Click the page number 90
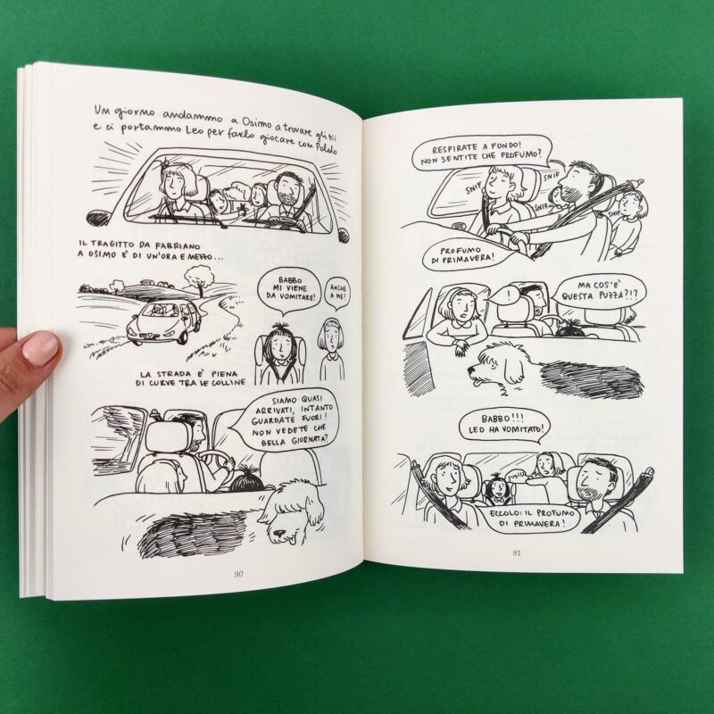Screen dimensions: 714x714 [x=238, y=574]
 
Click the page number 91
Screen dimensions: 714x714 [x=517, y=553]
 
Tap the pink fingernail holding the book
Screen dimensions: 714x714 [x=40, y=348]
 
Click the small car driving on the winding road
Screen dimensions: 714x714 [x=164, y=321]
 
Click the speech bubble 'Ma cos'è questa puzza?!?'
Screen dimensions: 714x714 [x=599, y=291]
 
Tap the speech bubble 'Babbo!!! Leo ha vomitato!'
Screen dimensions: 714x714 [x=504, y=425]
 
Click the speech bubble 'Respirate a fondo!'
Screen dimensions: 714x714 [x=482, y=154]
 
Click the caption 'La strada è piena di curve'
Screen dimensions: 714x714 [x=193, y=378]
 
